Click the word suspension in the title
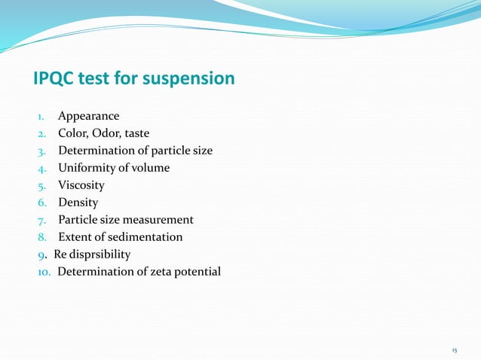pos(194,78)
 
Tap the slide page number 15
pos(454,350)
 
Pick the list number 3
pos(42,151)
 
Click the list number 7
pos(42,220)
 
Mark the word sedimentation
pos(146,237)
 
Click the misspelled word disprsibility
pos(100,255)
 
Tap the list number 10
pos(44,272)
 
